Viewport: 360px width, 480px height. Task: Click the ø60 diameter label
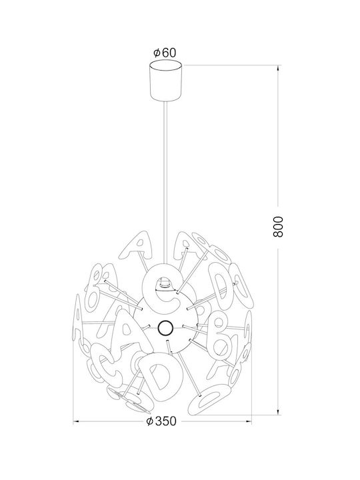(165, 53)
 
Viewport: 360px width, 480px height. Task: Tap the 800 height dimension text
(278, 227)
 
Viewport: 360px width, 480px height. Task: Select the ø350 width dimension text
(162, 421)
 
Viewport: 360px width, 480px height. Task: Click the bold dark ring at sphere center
(166, 328)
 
